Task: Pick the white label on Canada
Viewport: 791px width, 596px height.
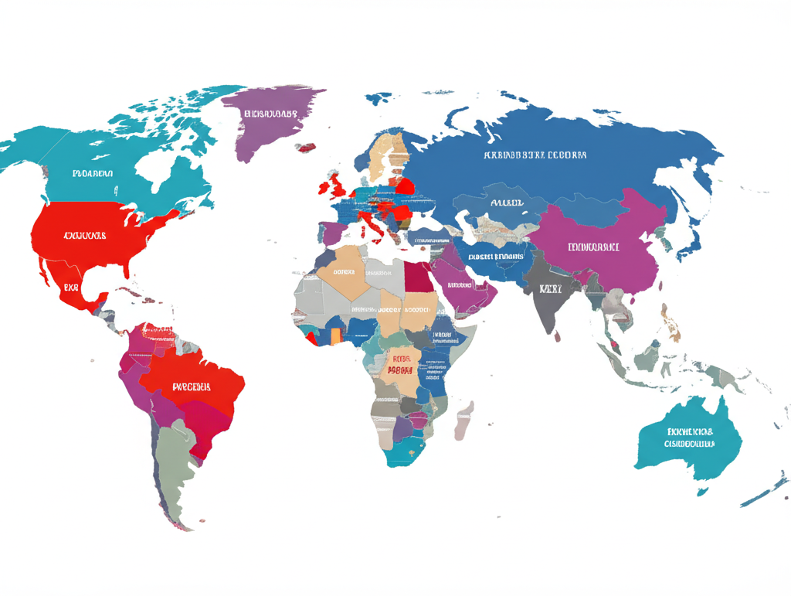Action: (x=93, y=174)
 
